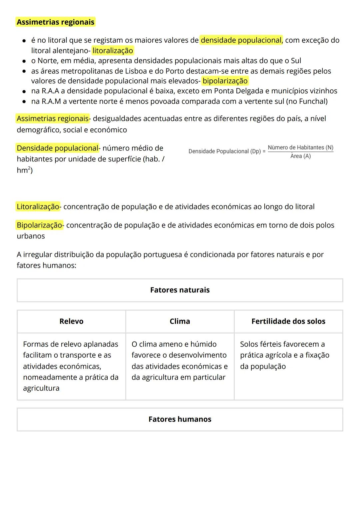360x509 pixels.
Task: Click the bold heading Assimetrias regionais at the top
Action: (x=55, y=22)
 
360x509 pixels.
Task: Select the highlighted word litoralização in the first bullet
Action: (x=113, y=51)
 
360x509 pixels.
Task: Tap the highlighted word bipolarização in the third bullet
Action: (x=225, y=81)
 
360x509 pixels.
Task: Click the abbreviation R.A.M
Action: (x=51, y=101)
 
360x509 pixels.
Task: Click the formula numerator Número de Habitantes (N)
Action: (x=300, y=147)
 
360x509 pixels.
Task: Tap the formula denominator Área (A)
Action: (x=300, y=156)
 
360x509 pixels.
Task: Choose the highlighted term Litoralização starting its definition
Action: (x=38, y=207)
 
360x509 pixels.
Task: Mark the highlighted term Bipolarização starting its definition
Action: (x=39, y=225)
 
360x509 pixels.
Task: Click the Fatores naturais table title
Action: (x=180, y=290)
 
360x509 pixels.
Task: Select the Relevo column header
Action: (x=71, y=322)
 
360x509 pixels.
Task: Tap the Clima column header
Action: (x=180, y=322)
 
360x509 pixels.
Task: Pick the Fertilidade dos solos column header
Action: (x=288, y=322)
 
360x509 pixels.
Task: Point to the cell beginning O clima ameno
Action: (x=179, y=361)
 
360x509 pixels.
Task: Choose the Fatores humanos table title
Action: (x=180, y=419)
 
